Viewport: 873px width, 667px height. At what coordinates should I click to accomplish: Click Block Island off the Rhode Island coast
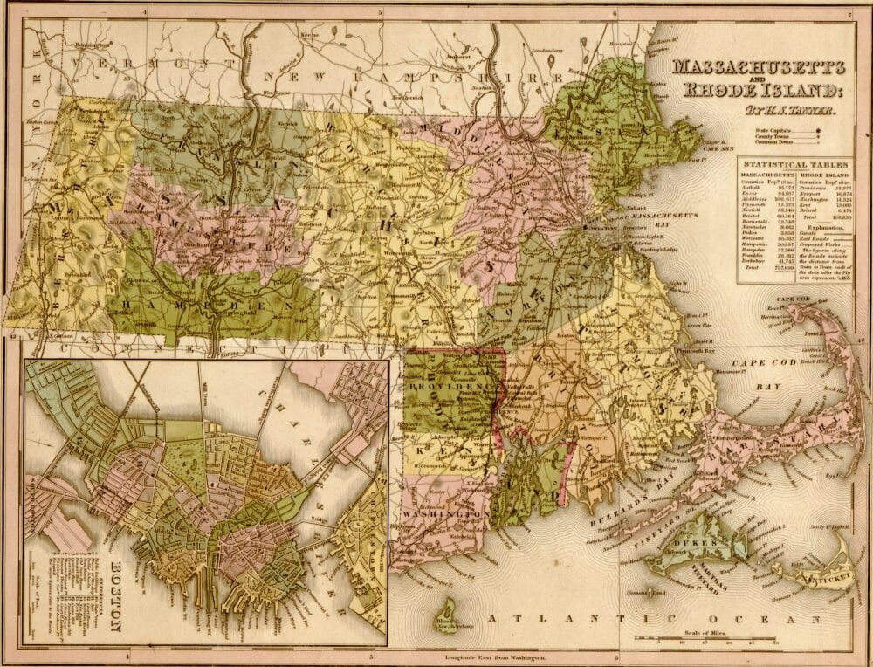click(x=451, y=608)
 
